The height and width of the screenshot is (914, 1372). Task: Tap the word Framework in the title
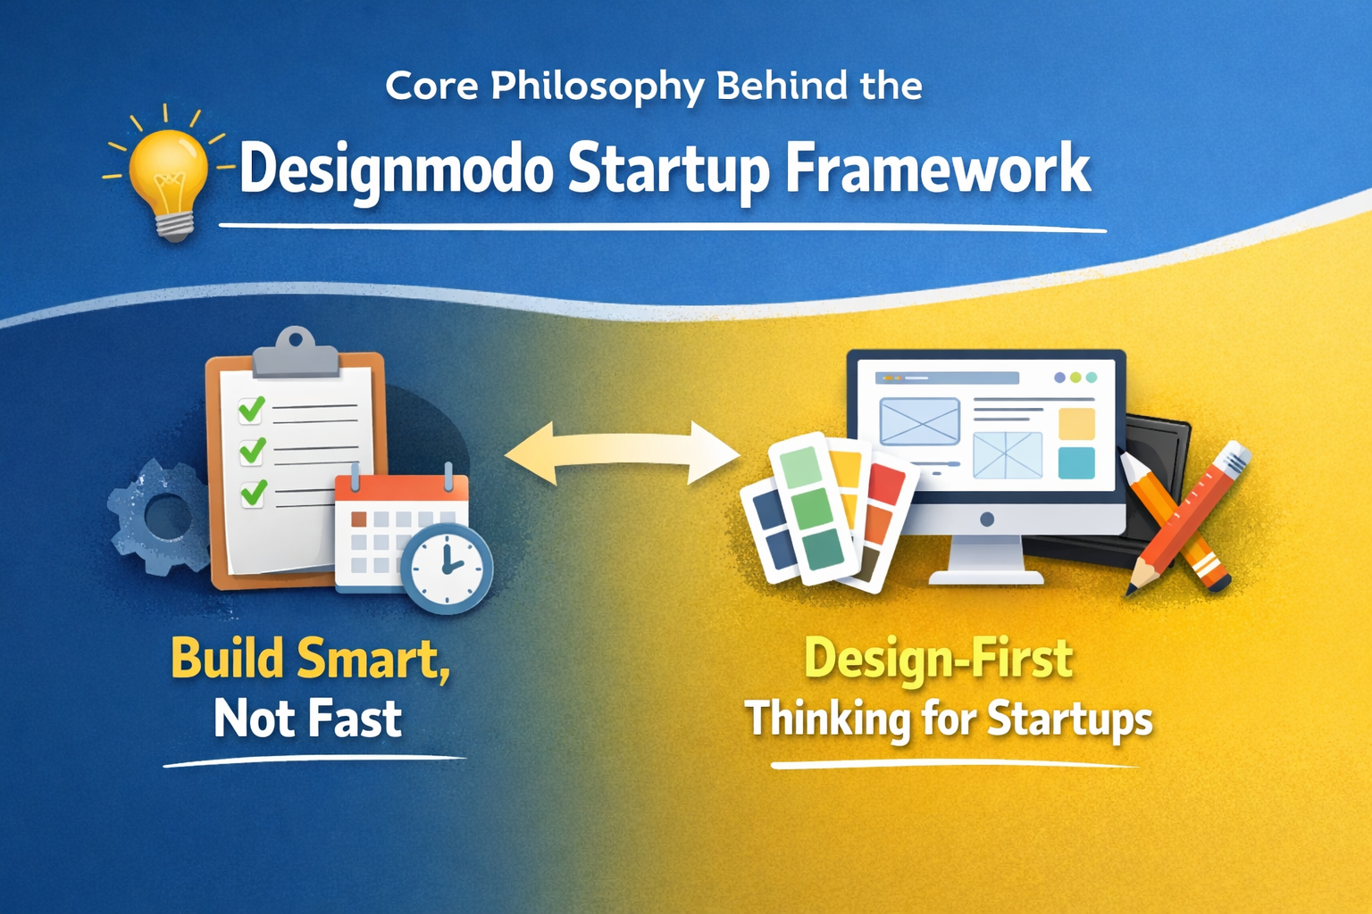tap(938, 169)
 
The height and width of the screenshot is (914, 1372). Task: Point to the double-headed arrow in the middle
tap(623, 453)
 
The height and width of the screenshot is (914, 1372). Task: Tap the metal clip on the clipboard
tap(296, 353)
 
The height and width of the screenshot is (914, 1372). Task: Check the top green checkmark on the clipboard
tap(251, 409)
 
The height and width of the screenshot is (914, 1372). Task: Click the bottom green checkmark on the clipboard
tap(254, 492)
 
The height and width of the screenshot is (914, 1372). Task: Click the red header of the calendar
tap(402, 493)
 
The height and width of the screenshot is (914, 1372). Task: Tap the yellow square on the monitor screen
tap(1076, 424)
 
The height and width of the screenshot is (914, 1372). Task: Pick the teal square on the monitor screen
tap(1076, 463)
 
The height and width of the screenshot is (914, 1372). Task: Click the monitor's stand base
tap(986, 576)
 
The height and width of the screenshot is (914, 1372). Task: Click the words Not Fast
tap(308, 719)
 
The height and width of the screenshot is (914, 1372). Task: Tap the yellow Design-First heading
tap(938, 659)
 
